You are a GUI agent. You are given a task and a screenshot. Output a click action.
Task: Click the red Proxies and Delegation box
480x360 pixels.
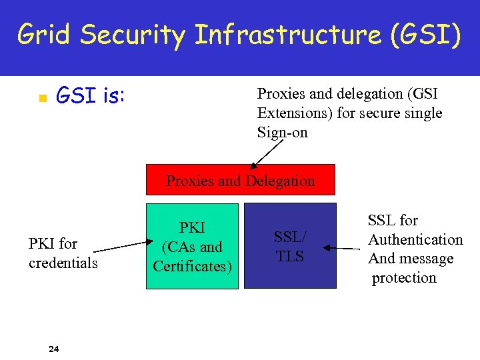(x=241, y=180)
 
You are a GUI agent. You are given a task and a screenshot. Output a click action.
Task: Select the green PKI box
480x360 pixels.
(x=192, y=246)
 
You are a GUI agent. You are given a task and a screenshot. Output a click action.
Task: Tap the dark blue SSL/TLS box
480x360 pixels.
(x=290, y=246)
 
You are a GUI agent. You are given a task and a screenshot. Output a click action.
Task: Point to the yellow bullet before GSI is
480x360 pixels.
(x=41, y=99)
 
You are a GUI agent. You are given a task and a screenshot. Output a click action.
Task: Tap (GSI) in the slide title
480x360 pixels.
(x=427, y=34)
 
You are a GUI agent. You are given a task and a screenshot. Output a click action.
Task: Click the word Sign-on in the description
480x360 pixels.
(x=283, y=133)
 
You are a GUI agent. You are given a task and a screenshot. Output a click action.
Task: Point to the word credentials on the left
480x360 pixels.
(x=63, y=263)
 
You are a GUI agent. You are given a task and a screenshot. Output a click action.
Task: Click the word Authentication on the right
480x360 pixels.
(x=415, y=239)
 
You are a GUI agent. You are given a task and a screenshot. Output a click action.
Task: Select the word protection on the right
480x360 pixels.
(x=404, y=278)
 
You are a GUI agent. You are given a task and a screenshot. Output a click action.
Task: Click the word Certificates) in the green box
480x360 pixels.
(x=193, y=267)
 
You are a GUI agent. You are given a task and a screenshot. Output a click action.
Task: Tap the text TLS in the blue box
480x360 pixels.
(x=290, y=257)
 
